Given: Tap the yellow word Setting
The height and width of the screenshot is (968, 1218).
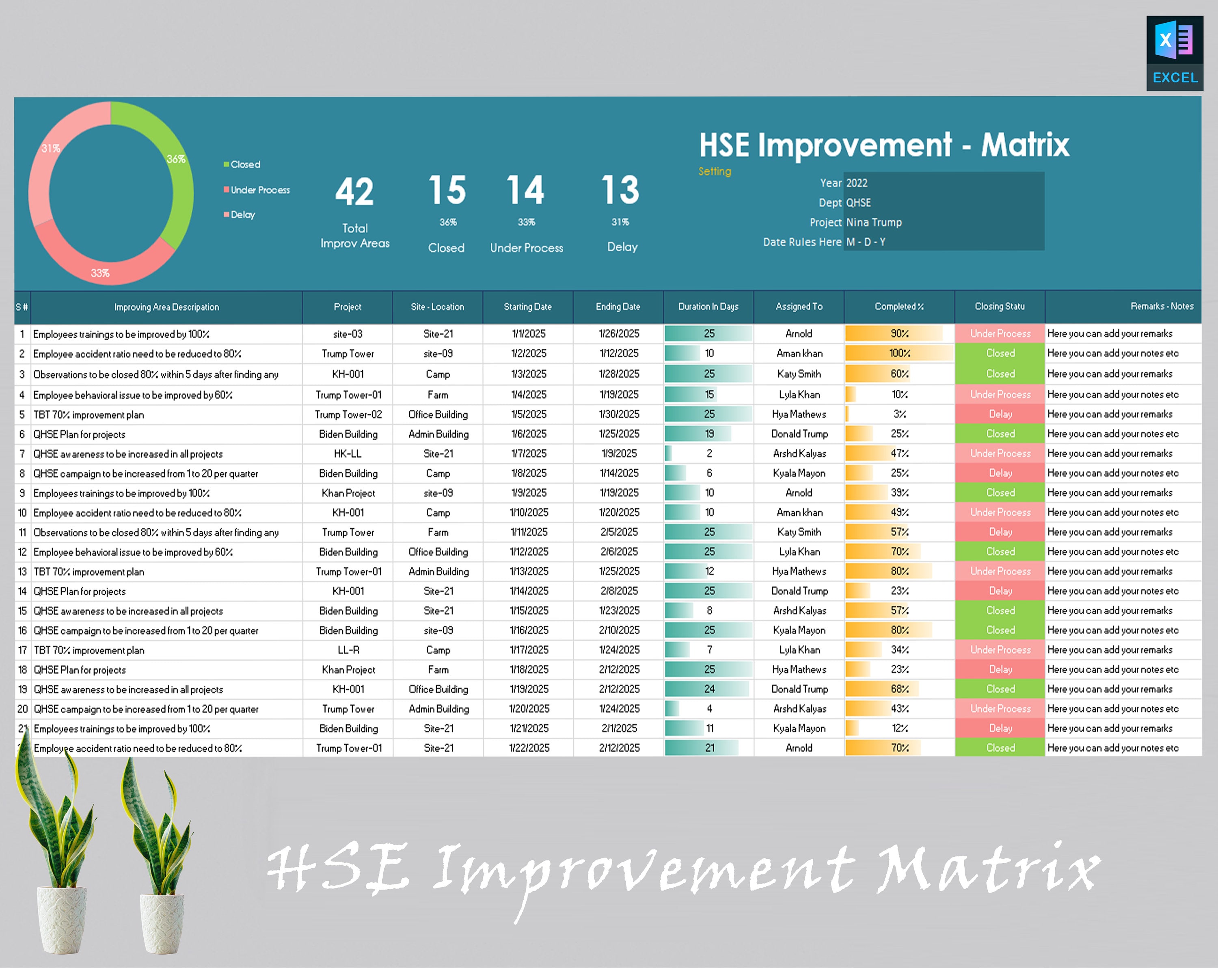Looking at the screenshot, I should pyautogui.click(x=715, y=171).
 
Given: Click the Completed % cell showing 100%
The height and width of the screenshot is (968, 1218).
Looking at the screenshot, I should pyautogui.click(x=899, y=353).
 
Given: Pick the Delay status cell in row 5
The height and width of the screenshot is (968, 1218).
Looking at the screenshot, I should pyautogui.click(x=1000, y=414).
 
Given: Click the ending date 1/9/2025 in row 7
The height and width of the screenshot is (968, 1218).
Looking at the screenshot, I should pyautogui.click(x=619, y=453).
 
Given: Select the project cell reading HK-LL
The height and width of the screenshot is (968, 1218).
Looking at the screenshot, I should pyautogui.click(x=348, y=453).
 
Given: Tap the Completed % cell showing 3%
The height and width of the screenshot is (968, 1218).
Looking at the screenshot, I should pyautogui.click(x=899, y=414).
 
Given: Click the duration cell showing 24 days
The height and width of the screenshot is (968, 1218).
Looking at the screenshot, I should pyautogui.click(x=709, y=689).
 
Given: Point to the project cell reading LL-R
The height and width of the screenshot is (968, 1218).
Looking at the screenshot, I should pyautogui.click(x=348, y=650).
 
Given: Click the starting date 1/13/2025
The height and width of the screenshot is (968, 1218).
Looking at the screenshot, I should pyautogui.click(x=529, y=571).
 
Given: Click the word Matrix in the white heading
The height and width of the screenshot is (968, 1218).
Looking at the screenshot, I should pyautogui.click(x=1025, y=145).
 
